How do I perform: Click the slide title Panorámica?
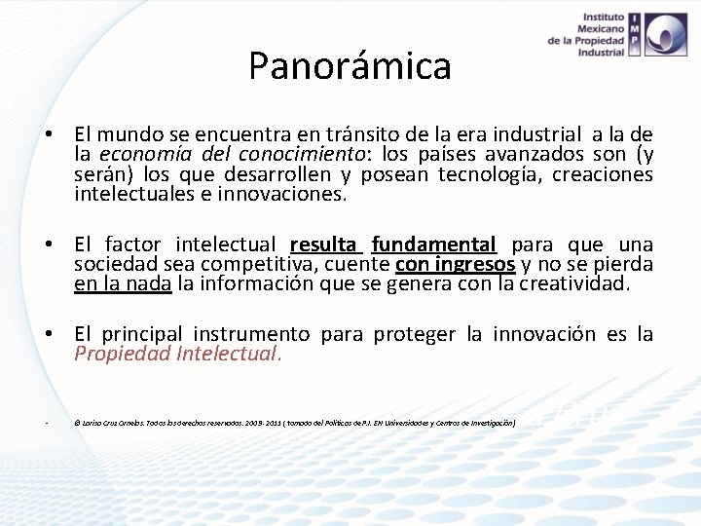(350, 66)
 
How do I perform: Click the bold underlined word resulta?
(325, 244)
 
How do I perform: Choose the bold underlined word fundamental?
(433, 244)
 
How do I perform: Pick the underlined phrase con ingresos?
(455, 265)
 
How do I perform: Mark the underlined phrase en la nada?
(123, 284)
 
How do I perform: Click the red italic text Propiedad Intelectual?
(178, 354)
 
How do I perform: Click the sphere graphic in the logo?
(670, 34)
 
